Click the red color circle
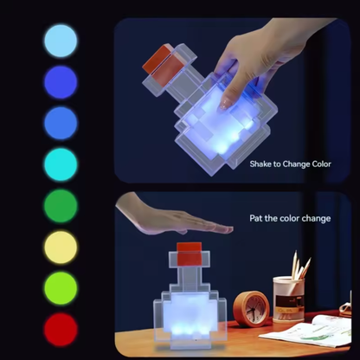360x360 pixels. coord(61,330)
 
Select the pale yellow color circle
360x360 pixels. coord(61,247)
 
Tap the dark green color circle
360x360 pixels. coord(61,206)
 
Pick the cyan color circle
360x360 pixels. coord(61,164)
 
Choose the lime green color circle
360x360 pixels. coord(61,288)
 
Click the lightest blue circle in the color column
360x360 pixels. coord(61,41)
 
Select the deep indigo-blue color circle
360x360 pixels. coord(61,82)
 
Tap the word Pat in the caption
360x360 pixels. coord(256,218)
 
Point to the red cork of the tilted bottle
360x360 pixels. coord(162,66)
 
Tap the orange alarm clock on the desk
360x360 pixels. coord(252,309)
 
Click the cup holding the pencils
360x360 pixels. coord(288,299)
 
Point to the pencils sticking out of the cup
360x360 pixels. coord(300,265)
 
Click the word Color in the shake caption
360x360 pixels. coord(321,164)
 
